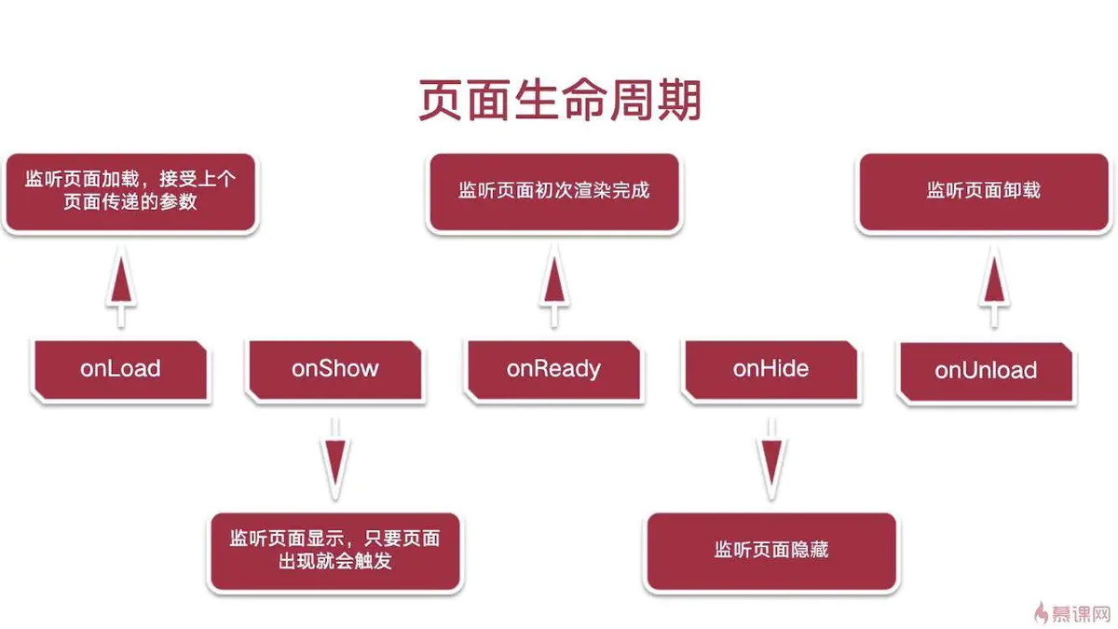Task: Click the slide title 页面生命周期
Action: tap(559, 101)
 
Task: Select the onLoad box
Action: tap(120, 369)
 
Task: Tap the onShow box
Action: tap(335, 369)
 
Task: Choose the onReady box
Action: tap(553, 369)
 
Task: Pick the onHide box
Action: tap(770, 369)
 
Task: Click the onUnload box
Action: tap(986, 371)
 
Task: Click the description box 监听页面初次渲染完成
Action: tap(553, 191)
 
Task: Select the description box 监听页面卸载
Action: tap(983, 191)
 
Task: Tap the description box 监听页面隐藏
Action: tap(770, 550)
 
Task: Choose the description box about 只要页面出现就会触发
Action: tap(335, 550)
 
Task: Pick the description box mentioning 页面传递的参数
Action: tap(130, 191)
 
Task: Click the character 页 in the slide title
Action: tap(441, 101)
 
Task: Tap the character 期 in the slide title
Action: tap(677, 101)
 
